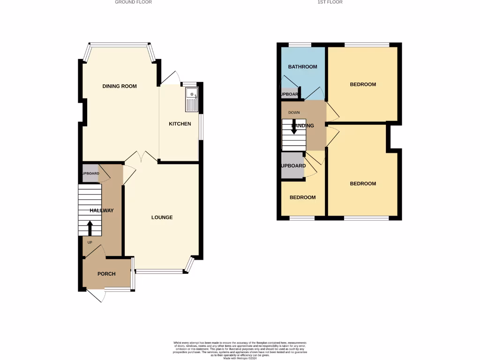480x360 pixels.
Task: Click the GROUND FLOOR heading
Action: pyautogui.click(x=133, y=2)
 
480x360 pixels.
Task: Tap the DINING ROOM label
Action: pyautogui.click(x=120, y=86)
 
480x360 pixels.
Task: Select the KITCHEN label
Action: pyautogui.click(x=180, y=124)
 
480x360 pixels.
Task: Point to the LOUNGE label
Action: pyautogui.click(x=162, y=217)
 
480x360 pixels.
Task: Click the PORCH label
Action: pyautogui.click(x=106, y=274)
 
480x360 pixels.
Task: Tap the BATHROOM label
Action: pyautogui.click(x=302, y=67)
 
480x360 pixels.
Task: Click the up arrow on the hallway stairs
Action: pyautogui.click(x=90, y=228)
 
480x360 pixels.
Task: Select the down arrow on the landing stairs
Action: pyautogui.click(x=294, y=128)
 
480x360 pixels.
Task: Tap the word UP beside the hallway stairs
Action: pyautogui.click(x=90, y=243)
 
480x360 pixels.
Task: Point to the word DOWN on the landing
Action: pyautogui.click(x=294, y=112)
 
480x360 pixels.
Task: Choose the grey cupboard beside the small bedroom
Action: pyautogui.click(x=292, y=166)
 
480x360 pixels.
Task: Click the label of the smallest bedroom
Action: pyautogui.click(x=302, y=197)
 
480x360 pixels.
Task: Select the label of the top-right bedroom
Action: pyautogui.click(x=363, y=84)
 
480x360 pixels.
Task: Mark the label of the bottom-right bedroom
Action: pyautogui.click(x=363, y=184)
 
